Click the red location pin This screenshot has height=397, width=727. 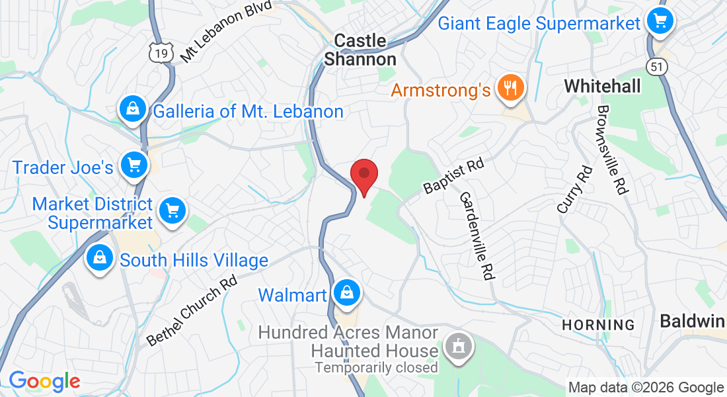click(x=363, y=175)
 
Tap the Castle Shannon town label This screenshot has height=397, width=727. click(x=360, y=50)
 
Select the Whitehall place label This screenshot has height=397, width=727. click(x=602, y=86)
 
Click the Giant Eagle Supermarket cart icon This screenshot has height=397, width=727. click(x=659, y=21)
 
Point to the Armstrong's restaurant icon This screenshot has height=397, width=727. click(x=510, y=87)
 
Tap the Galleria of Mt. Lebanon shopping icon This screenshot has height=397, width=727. click(x=133, y=109)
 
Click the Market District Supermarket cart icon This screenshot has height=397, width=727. click(x=172, y=211)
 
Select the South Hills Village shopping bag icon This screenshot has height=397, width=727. click(x=99, y=257)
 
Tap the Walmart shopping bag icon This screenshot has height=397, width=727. click(x=345, y=292)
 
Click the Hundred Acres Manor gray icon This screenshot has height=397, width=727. click(x=457, y=345)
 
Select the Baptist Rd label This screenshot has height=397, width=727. click(x=454, y=176)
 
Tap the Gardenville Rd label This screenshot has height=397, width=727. click(x=477, y=235)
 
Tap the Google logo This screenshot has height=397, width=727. click(x=44, y=381)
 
